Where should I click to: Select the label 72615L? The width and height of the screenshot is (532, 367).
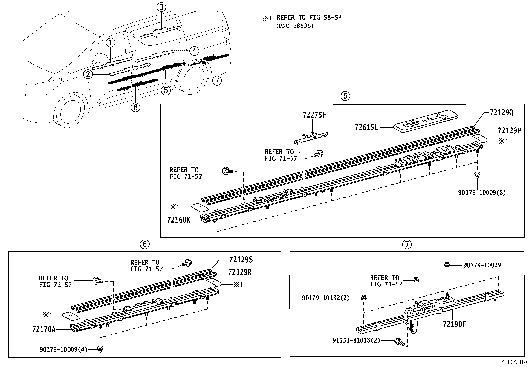pos(366,127)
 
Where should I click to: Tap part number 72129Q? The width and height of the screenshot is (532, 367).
pos(501,113)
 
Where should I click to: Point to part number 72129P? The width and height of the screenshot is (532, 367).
pos(509,131)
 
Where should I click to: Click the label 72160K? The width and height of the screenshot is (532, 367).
pos(179,220)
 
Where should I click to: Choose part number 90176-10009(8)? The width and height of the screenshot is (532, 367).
pos(482,193)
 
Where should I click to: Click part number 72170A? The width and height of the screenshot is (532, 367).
pos(44,329)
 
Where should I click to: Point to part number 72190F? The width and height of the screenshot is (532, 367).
pos(454,324)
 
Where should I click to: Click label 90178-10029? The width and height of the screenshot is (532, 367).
pos(482,265)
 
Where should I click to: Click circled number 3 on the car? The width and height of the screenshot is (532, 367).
pos(161,7)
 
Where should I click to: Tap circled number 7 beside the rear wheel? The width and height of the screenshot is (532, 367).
pos(217,80)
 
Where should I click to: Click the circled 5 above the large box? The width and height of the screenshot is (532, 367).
pos(345,96)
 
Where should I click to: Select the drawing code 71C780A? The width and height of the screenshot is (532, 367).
pos(513,362)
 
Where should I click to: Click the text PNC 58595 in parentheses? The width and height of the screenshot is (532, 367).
pos(295,26)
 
